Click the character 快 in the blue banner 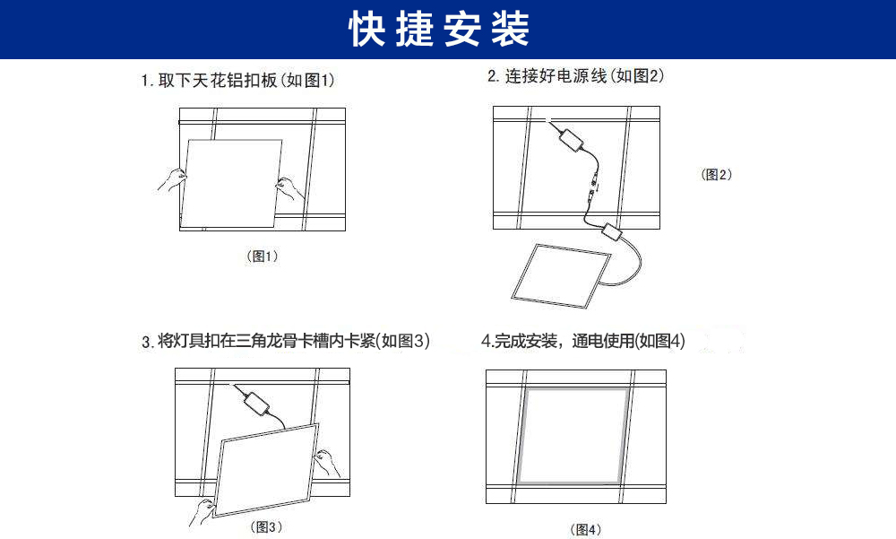(367, 30)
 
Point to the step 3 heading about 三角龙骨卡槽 (286, 342)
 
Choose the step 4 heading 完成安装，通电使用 (583, 341)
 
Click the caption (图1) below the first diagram (263, 256)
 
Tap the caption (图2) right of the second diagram (716, 175)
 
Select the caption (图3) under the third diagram (266, 526)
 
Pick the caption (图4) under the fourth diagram (586, 530)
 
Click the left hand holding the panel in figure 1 (170, 179)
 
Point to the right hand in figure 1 (289, 187)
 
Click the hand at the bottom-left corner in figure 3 (202, 510)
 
